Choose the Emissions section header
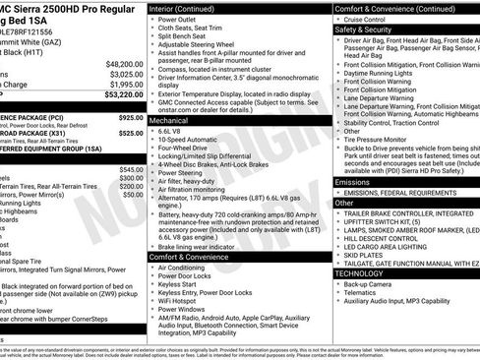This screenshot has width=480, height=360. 354,182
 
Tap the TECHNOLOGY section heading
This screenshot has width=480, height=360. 362,273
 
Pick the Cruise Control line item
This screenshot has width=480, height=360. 370,19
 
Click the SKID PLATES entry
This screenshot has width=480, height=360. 367,253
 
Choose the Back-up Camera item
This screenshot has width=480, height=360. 374,283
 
